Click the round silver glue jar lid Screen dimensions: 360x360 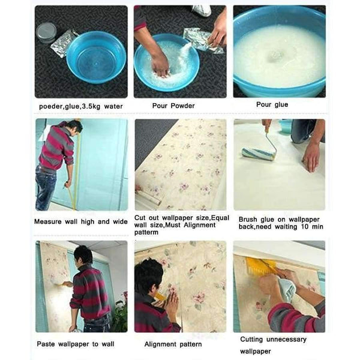46,32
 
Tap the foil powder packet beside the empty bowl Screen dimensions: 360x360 64,43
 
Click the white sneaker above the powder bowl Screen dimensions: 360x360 202,11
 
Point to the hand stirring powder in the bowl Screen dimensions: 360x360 160,65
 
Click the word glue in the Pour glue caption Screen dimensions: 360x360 281,104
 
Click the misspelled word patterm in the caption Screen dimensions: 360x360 146,232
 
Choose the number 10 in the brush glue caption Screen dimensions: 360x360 305,227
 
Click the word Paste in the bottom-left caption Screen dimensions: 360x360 46,344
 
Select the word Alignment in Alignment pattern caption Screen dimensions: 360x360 160,344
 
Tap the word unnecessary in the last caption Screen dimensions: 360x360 286,340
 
